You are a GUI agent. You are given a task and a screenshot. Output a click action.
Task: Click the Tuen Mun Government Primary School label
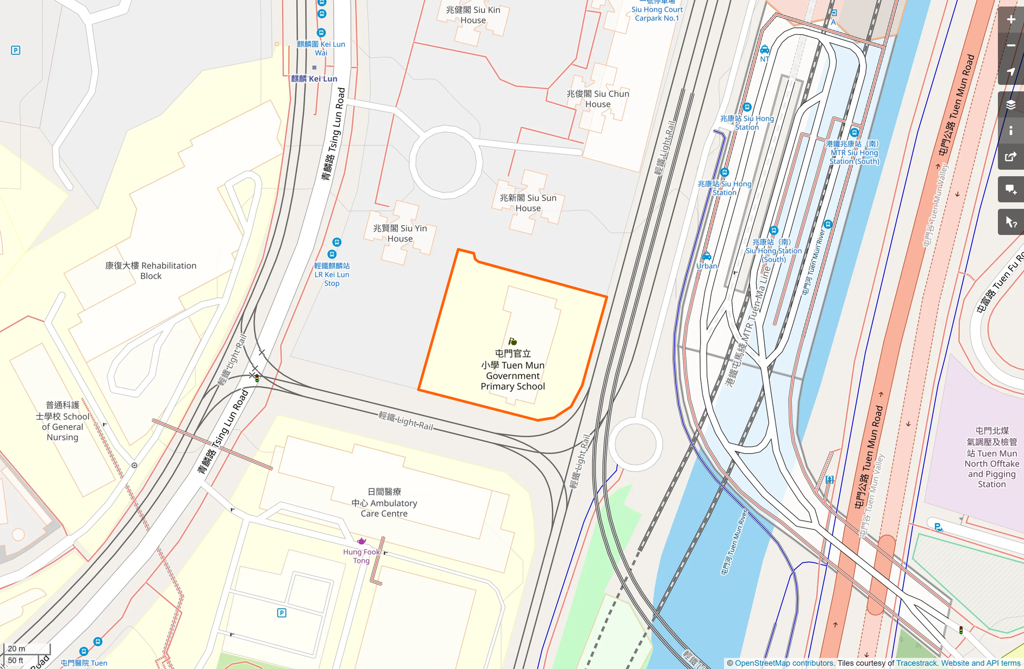pyautogui.click(x=513, y=370)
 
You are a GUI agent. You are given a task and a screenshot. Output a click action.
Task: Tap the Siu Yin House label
pyautogui.click(x=400, y=233)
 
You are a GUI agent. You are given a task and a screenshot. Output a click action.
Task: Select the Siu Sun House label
pyautogui.click(x=528, y=203)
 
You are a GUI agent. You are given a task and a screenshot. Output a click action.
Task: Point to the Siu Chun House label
pyautogui.click(x=598, y=99)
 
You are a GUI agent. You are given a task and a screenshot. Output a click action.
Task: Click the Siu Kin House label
pyautogui.click(x=473, y=15)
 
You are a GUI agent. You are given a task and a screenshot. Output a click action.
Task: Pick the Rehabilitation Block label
pyautogui.click(x=151, y=270)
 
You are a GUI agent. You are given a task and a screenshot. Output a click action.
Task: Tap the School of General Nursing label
pyautogui.click(x=63, y=421)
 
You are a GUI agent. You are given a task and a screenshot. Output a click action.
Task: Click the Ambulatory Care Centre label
pyautogui.click(x=384, y=503)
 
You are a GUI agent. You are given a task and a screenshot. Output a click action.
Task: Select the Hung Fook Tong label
pyautogui.click(x=361, y=556)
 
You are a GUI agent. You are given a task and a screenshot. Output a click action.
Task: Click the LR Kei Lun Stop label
pyautogui.click(x=332, y=274)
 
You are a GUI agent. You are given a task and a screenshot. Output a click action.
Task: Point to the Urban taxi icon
pyautogui.click(x=707, y=256)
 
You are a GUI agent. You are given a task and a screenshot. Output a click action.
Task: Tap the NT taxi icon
pyautogui.click(x=765, y=50)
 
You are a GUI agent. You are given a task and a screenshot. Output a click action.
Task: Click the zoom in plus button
pyautogui.click(x=1011, y=20)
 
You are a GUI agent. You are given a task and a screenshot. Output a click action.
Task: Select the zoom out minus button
pyautogui.click(x=1011, y=46)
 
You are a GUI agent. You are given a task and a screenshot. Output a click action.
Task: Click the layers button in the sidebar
pyautogui.click(x=1011, y=104)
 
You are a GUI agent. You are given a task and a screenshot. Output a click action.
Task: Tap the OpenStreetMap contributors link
pyautogui.click(x=784, y=663)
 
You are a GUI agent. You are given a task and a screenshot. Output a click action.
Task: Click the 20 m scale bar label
pyautogui.click(x=16, y=648)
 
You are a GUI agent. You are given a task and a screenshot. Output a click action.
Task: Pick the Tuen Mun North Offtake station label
pyautogui.click(x=991, y=457)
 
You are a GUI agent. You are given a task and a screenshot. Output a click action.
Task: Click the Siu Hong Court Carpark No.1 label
pyautogui.click(x=657, y=14)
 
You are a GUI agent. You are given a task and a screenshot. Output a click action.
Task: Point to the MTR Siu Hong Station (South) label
pyautogui.click(x=853, y=152)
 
